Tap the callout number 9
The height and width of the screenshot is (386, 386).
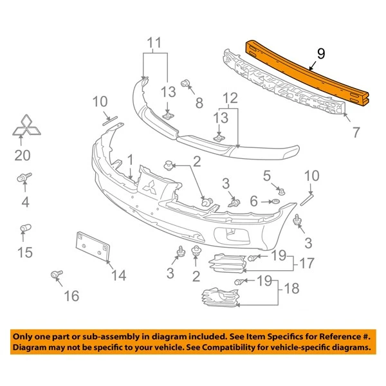[x=320, y=55]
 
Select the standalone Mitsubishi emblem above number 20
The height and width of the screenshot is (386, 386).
[x=27, y=129]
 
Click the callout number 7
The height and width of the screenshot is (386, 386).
[x=356, y=134]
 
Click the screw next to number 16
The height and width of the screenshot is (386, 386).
[x=56, y=276]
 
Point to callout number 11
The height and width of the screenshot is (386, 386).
[x=154, y=44]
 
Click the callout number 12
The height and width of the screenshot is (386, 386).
[x=230, y=99]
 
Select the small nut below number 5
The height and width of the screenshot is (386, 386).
[x=282, y=189]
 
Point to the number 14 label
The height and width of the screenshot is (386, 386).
[x=117, y=275]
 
